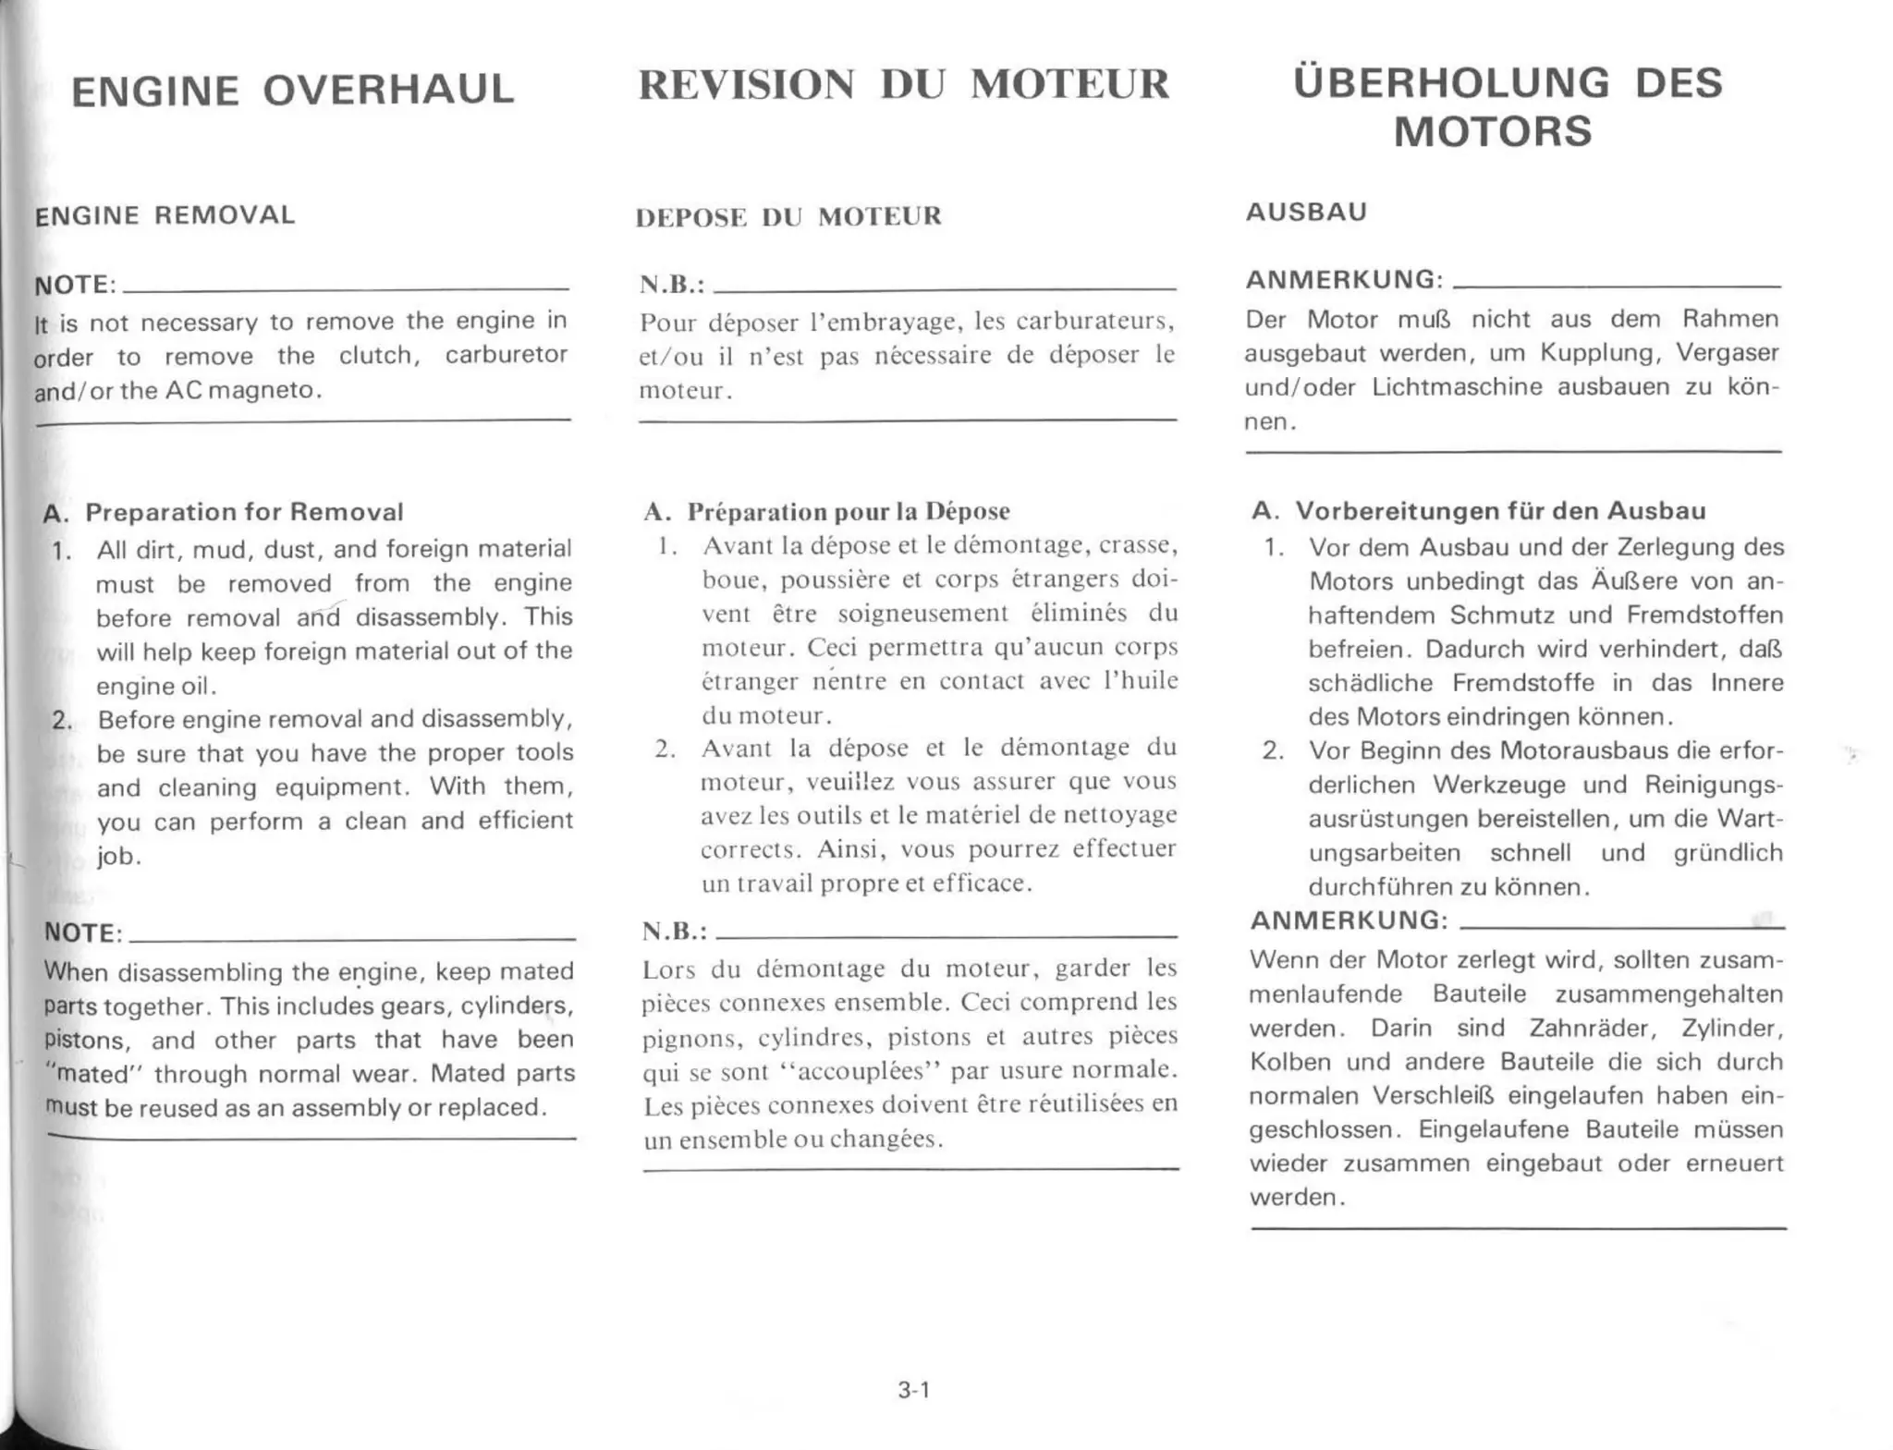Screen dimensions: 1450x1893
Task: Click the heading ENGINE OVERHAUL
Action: click(292, 91)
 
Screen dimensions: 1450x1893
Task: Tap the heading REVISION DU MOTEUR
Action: click(903, 84)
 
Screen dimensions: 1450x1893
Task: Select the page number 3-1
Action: click(913, 1390)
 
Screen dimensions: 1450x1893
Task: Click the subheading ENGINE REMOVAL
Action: click(165, 215)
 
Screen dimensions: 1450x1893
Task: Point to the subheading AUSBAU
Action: click(1305, 212)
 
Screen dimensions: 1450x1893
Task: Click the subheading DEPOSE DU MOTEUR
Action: click(788, 217)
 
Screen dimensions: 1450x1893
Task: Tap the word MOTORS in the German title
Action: click(1493, 131)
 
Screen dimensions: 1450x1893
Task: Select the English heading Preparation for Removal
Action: click(244, 512)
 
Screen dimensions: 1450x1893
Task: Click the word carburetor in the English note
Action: click(506, 356)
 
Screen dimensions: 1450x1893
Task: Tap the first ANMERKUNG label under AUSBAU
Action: click(1344, 279)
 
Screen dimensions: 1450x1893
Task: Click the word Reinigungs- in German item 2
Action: click(1713, 785)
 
